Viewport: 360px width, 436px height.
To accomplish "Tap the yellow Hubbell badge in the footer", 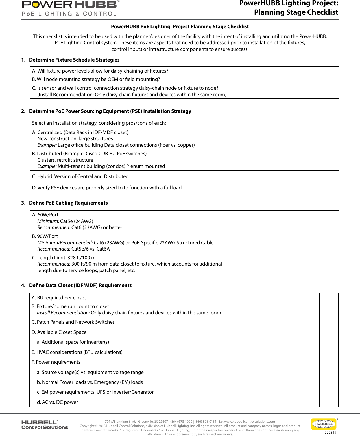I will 324,424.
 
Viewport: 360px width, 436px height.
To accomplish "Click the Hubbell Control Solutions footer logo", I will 45,424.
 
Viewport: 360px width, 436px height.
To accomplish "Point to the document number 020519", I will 330,432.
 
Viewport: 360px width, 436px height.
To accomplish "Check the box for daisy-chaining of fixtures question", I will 329,71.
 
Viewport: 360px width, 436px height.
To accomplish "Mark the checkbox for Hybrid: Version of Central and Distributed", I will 329,176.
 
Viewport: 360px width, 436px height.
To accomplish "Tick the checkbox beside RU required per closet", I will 329,298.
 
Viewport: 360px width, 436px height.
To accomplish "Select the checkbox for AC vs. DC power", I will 329,402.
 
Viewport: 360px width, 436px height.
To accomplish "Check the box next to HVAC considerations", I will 329,352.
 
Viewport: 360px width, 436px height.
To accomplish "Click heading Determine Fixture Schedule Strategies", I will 74,60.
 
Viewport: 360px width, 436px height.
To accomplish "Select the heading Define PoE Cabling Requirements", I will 68,203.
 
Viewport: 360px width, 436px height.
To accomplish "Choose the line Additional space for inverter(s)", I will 75,342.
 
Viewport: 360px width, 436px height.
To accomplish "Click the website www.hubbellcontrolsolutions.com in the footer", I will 249,422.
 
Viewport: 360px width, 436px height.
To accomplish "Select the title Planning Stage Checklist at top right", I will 296,12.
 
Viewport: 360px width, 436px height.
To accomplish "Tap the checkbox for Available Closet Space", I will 329,332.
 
